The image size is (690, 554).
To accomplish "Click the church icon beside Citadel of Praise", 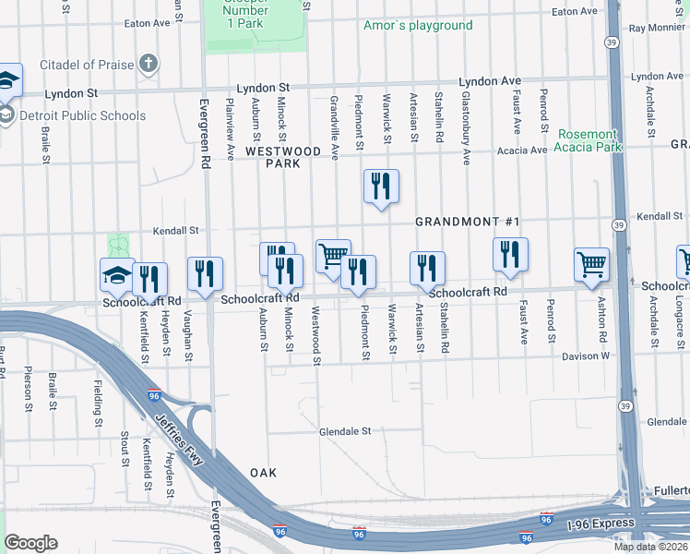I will [x=149, y=65].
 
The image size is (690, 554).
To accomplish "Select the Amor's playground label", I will [x=417, y=25].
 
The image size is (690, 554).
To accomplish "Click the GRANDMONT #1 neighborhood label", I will [x=468, y=222].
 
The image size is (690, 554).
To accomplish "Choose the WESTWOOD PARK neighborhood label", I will [x=282, y=157].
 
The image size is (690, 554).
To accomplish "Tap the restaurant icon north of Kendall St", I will [x=381, y=186].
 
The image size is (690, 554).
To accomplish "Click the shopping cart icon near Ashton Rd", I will [x=591, y=264].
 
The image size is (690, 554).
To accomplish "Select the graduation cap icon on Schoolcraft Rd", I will [x=117, y=273].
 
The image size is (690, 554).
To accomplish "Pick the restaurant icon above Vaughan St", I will [x=205, y=272].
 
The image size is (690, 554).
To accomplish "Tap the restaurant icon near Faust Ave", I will [x=510, y=254].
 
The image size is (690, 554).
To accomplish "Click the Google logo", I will [x=31, y=543].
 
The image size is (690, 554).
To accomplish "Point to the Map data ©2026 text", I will [x=650, y=547].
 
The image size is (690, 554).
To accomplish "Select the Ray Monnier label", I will [x=658, y=28].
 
